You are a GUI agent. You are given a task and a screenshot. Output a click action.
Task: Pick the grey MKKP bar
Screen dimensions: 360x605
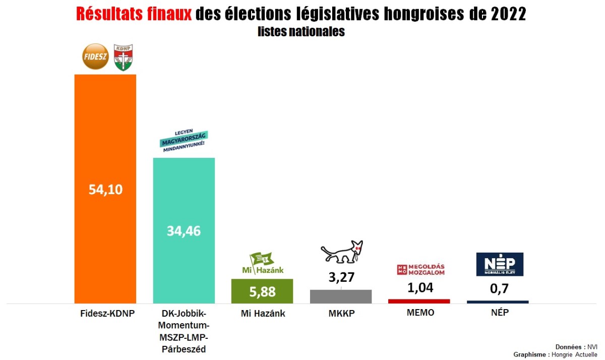click(x=341, y=297)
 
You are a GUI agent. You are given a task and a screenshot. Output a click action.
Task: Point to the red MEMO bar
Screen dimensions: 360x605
click(x=419, y=301)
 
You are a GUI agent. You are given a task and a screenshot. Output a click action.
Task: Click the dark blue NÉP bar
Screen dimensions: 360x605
click(x=498, y=302)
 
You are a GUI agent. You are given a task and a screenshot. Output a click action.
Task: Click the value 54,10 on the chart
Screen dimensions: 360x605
click(x=105, y=190)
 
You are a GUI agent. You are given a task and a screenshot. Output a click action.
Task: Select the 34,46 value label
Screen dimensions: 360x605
click(x=184, y=231)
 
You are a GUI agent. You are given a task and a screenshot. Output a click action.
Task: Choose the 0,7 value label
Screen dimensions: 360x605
click(x=498, y=290)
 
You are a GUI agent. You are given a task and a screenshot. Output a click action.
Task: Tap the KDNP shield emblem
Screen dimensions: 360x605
click(x=123, y=57)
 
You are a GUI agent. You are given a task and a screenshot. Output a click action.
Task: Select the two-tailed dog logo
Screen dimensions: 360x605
click(x=342, y=253)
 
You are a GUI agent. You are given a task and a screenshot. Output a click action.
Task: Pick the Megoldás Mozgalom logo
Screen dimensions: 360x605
click(x=421, y=270)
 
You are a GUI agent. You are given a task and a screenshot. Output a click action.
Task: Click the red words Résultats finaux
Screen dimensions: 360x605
click(x=134, y=14)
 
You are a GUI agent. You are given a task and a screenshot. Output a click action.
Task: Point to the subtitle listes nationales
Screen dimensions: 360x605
click(x=301, y=31)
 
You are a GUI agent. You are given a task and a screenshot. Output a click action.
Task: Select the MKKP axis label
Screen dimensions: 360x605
click(x=341, y=314)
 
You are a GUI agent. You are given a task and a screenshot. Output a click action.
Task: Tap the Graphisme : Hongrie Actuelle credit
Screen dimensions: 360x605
click(x=556, y=354)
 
